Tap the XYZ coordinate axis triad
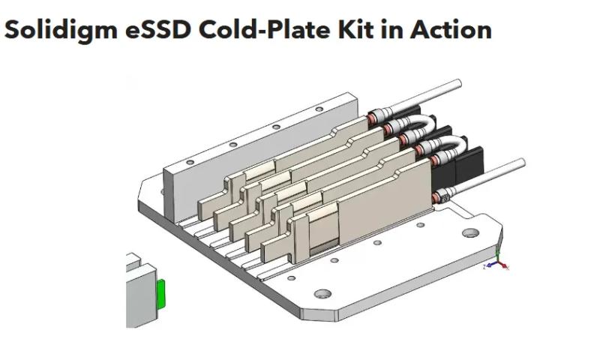click(498, 263)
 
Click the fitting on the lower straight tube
click(442, 196)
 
